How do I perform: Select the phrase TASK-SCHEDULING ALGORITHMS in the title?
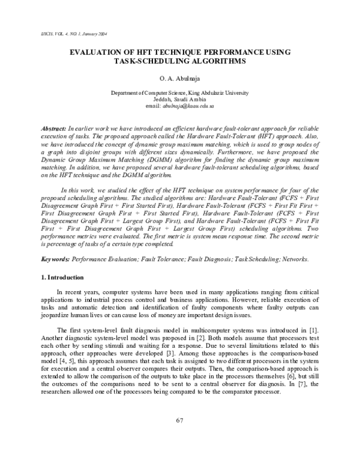[179, 61]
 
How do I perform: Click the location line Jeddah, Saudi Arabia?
[179, 100]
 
